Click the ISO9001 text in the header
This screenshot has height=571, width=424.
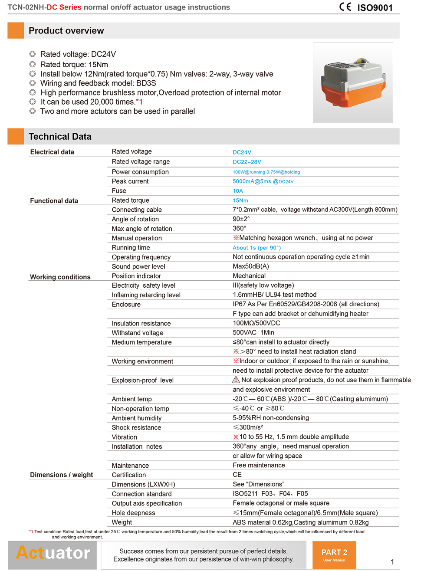[375, 8]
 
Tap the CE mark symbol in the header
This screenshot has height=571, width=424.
[345, 7]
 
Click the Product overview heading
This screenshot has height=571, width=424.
[66, 31]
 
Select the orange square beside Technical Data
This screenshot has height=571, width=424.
[16, 136]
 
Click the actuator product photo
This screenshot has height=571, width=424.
[353, 82]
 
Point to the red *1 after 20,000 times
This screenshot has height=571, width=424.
[139, 102]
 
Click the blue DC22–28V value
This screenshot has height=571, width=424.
[247, 162]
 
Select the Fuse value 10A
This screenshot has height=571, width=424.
[238, 191]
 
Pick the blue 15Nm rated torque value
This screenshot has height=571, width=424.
[240, 200]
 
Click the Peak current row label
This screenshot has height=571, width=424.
[130, 181]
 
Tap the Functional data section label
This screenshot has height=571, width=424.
[54, 201]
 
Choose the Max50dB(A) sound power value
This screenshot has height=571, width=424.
[251, 266]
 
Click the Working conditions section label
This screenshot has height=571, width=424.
[60, 277]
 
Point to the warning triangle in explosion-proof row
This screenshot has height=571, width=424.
[236, 380]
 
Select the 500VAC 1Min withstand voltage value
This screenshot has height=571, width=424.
[253, 332]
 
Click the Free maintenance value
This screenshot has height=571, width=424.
[259, 465]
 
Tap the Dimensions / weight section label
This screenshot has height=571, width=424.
[61, 475]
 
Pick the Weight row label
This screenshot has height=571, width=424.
[122, 522]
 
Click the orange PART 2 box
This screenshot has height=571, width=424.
[334, 555]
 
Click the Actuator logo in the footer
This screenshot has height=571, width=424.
[53, 553]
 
